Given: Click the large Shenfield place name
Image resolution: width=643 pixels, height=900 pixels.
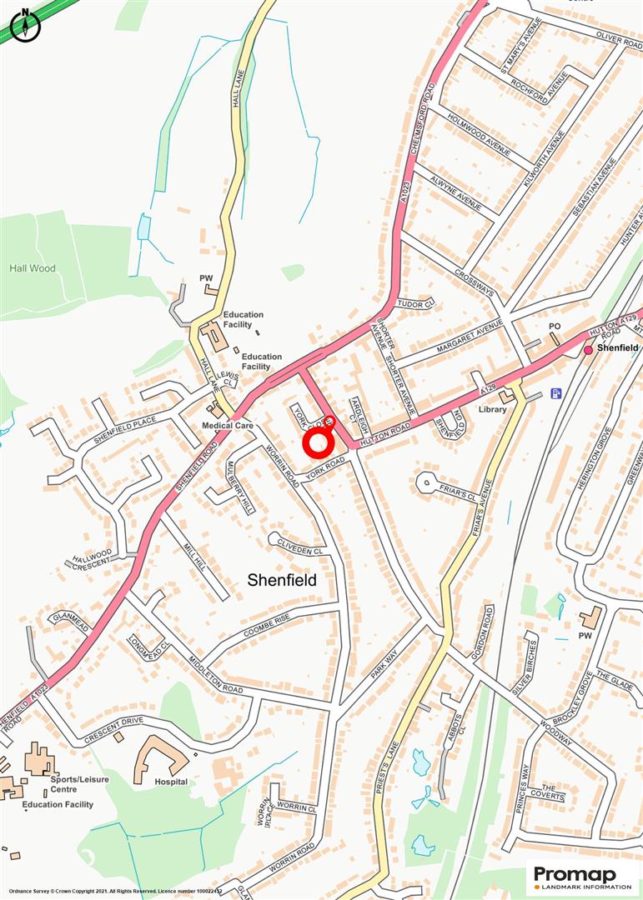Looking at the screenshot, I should click(282, 580).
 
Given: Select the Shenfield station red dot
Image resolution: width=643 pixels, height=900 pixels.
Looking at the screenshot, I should click(588, 350).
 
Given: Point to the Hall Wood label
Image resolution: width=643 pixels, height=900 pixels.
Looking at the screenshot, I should click(32, 268).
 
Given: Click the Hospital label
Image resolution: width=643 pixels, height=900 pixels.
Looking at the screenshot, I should click(171, 782).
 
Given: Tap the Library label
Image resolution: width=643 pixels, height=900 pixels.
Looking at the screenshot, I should click(492, 409).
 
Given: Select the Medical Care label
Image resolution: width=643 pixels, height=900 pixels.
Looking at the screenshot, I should click(227, 425).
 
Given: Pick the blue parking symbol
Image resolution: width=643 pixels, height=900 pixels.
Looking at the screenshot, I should click(556, 393).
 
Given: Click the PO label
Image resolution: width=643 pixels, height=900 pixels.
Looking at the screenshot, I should click(554, 326).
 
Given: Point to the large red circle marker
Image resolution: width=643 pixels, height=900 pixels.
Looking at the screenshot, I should click(318, 443).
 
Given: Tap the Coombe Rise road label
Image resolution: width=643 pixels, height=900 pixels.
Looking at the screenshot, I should click(267, 626).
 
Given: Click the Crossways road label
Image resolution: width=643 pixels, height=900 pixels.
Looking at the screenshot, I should click(475, 282).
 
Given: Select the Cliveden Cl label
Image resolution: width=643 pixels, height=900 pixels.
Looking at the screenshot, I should click(300, 549).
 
